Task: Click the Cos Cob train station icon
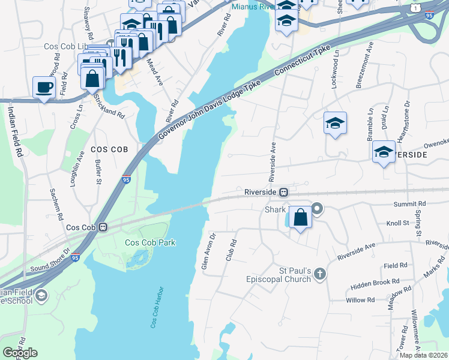[103, 227]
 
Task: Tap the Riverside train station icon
[283, 192]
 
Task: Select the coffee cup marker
[44, 88]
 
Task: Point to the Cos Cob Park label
[149, 242]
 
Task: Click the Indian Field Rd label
[14, 132]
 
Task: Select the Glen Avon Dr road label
[208, 251]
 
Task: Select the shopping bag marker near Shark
[300, 217]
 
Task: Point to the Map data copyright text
[424, 355]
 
